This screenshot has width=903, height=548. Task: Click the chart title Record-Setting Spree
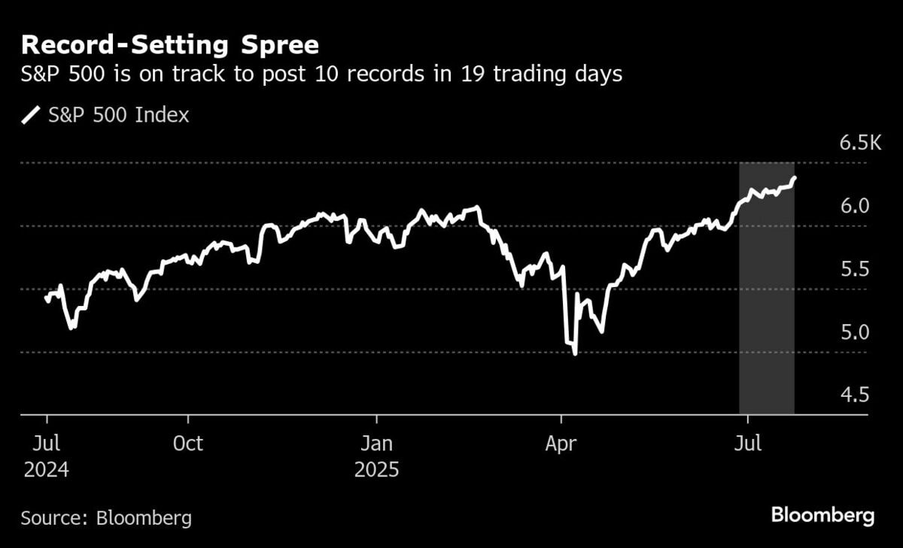[170, 46]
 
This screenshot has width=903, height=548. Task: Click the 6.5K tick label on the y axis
[859, 143]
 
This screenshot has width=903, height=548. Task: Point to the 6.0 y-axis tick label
[854, 206]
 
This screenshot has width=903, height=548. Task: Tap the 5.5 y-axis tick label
[854, 269]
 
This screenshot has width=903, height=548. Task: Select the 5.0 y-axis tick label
[854, 332]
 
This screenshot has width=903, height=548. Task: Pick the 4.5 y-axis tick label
[854, 395]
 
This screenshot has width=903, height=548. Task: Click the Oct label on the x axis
[187, 444]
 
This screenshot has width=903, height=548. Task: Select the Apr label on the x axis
[561, 444]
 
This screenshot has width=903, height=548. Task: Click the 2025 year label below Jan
[377, 471]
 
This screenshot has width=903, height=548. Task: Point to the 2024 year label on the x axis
[46, 471]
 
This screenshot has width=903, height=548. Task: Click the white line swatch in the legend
[32, 116]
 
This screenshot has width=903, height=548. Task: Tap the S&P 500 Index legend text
[119, 116]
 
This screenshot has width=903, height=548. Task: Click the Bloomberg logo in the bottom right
[822, 516]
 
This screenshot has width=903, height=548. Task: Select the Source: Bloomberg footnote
[106, 518]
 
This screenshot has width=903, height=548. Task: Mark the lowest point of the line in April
[575, 353]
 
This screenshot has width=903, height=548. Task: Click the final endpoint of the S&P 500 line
[795, 178]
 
